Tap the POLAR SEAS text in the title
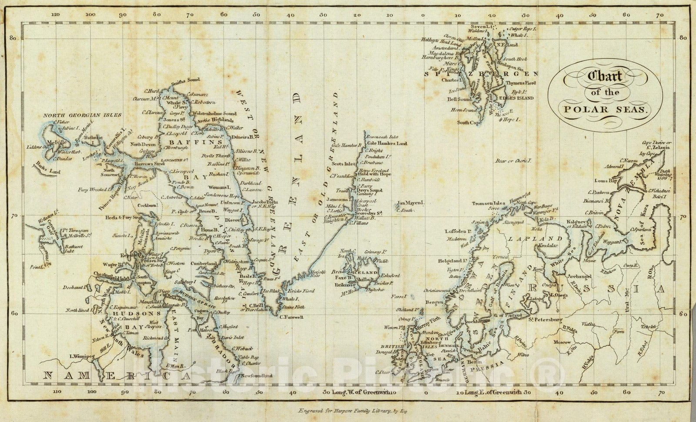coord(605,109)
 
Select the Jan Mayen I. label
coord(411,203)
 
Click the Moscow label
coord(562,342)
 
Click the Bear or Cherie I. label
coord(514,161)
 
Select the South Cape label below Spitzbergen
coord(469,122)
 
